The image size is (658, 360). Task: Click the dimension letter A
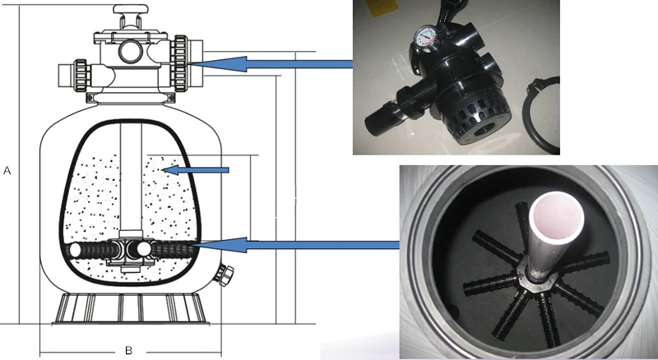7,170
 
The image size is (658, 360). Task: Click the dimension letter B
129,350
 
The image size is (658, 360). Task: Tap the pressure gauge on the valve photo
424,39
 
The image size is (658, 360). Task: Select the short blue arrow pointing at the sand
196,170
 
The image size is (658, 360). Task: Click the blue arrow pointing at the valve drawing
272,64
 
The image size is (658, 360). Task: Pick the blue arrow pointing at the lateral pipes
295,245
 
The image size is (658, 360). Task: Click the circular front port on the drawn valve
131,52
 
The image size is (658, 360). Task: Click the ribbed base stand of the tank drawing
130,308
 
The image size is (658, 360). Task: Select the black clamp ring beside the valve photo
541,114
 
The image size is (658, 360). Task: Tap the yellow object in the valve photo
382,7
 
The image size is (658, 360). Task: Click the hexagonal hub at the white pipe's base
533,279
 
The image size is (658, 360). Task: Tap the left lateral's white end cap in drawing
76,250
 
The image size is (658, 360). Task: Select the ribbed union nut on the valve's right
179,63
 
